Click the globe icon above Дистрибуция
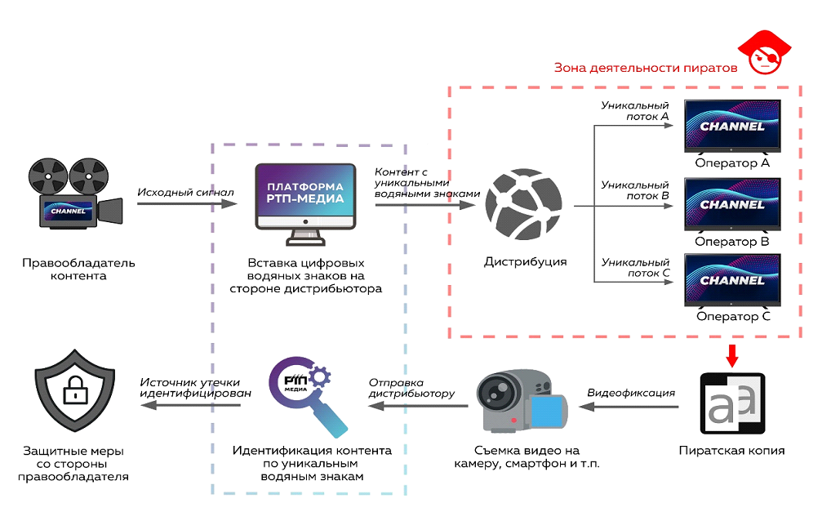(524, 207)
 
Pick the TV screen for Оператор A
(732, 127)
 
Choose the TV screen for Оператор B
(732, 205)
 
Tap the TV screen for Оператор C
(732, 281)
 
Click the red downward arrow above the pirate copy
(732, 356)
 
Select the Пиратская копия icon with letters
(732, 404)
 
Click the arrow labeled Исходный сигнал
(185, 203)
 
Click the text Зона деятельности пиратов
(646, 68)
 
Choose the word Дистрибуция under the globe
(525, 262)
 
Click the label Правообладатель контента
(78, 269)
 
